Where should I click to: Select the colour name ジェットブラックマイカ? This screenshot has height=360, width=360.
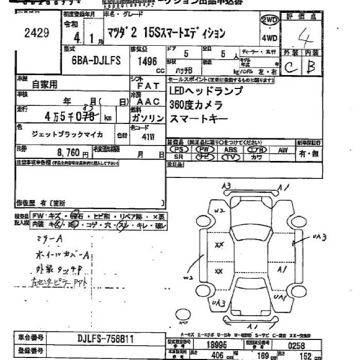pyautogui.click(x=67, y=135)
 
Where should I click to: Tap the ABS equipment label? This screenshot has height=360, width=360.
pyautogui.click(x=230, y=150)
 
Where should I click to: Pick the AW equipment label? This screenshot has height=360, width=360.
pyautogui.click(x=282, y=150)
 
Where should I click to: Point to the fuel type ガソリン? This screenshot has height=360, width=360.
pyautogui.click(x=149, y=118)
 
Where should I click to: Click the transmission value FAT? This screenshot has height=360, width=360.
pyautogui.click(x=150, y=86)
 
